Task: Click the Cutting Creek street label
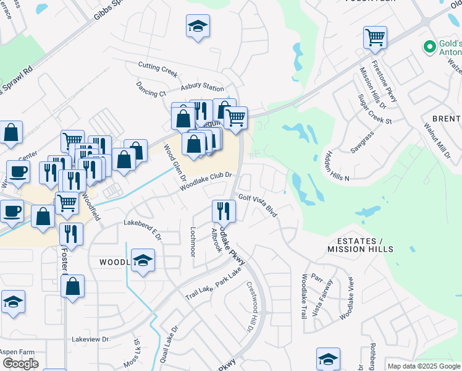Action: [x=158, y=66]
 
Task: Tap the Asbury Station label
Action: [x=202, y=88]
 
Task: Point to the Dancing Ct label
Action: [x=151, y=88]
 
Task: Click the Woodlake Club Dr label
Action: [x=206, y=181]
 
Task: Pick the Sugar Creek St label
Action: [x=376, y=109]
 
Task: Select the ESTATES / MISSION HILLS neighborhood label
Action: [x=360, y=245]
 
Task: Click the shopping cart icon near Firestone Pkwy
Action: [x=375, y=38]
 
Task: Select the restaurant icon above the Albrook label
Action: [x=223, y=211]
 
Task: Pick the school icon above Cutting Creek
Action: [x=198, y=26]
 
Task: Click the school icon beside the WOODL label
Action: [x=143, y=260]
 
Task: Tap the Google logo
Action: [x=20, y=364]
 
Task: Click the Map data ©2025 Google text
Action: [x=423, y=366]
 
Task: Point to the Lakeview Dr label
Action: [x=91, y=339]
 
